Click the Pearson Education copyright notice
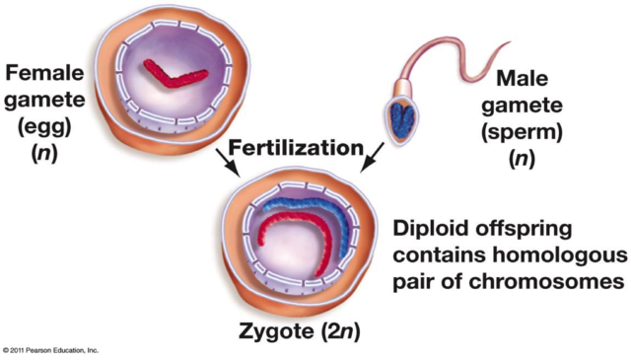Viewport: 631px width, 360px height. pos(50,350)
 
